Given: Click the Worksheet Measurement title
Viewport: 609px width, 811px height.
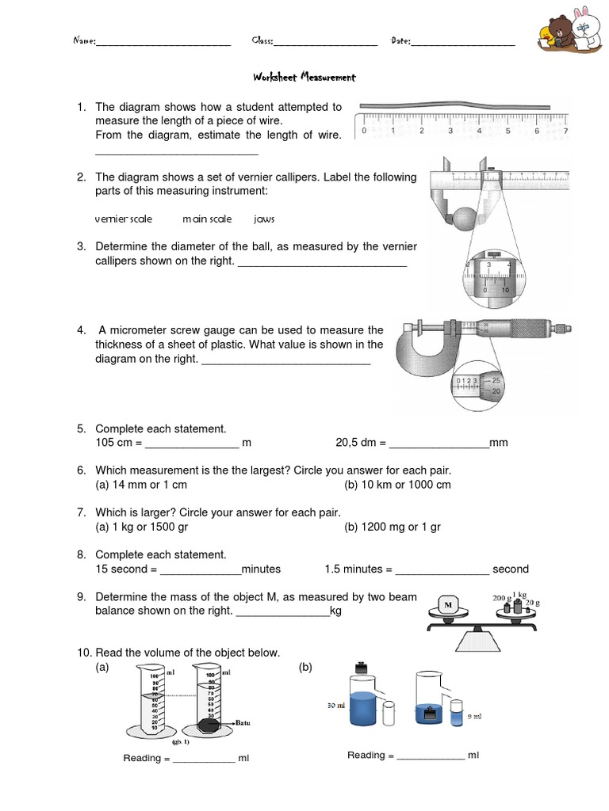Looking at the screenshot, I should coord(304,78).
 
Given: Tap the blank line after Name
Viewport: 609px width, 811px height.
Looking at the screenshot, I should coord(163,44).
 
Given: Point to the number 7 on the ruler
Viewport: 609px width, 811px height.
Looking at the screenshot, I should coord(565,131).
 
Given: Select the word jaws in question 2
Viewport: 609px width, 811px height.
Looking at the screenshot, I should coord(264,219).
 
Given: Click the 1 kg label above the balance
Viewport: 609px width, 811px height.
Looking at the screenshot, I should coord(522,594).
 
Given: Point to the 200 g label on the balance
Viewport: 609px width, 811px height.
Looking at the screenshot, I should coord(501,598).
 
